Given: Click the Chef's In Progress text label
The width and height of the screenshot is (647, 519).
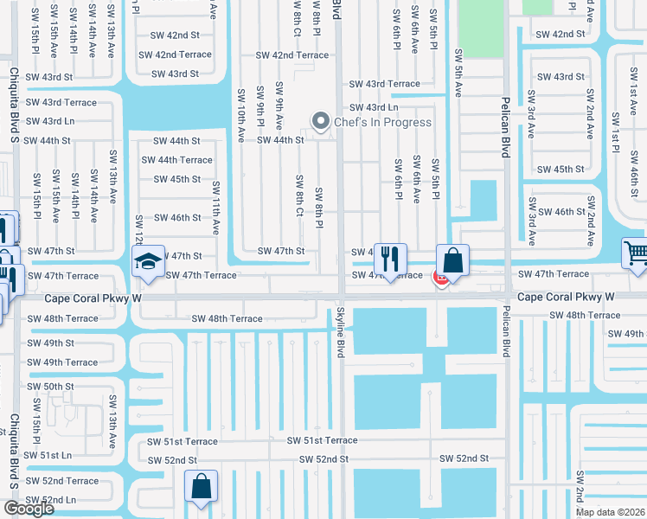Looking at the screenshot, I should click(x=382, y=122).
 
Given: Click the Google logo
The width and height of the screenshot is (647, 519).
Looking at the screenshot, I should click(x=29, y=508).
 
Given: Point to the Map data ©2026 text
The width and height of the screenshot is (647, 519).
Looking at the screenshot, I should click(x=611, y=512).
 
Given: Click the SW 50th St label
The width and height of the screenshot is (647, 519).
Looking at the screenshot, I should click(x=51, y=387).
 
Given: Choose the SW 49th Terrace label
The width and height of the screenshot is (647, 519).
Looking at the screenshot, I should click(x=62, y=362).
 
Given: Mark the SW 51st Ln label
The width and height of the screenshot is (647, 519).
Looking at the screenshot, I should click(x=48, y=455).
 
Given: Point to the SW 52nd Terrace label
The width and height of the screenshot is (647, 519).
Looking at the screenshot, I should click(x=62, y=481).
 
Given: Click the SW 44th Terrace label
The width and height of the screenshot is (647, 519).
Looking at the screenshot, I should click(x=176, y=160).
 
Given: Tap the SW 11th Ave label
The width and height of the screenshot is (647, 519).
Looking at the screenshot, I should click(x=216, y=208).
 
